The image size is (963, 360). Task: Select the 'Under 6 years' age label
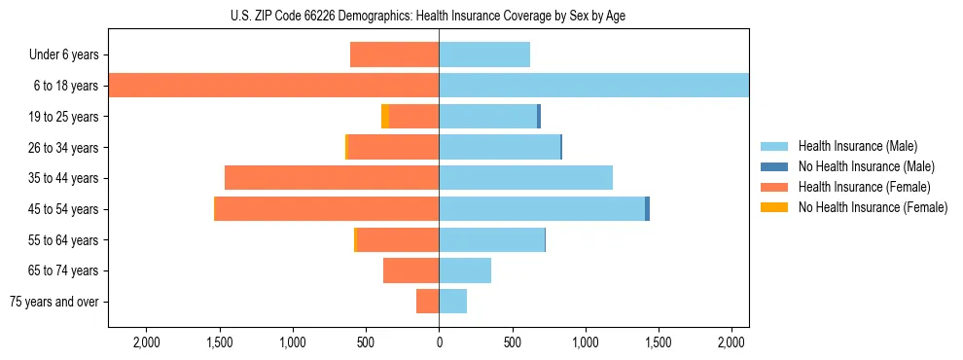click(x=64, y=55)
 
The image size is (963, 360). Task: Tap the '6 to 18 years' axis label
click(x=66, y=86)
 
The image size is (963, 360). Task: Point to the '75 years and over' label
click(x=54, y=302)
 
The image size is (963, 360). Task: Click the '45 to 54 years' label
click(x=64, y=209)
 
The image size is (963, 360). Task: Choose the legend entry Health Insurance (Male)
click(x=857, y=146)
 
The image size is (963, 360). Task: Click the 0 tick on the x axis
click(x=439, y=342)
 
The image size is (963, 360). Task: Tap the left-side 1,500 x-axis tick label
click(x=219, y=342)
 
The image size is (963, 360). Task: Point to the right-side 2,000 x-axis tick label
click(x=731, y=342)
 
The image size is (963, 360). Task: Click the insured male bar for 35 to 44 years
click(x=525, y=178)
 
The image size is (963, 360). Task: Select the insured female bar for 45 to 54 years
click(x=327, y=209)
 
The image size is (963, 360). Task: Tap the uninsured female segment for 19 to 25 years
click(x=385, y=117)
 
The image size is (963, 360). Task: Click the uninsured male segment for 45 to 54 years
click(x=647, y=209)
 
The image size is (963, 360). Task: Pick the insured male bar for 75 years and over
click(x=452, y=302)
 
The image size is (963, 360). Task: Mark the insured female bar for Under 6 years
click(x=394, y=55)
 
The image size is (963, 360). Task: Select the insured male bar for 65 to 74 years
click(x=465, y=270)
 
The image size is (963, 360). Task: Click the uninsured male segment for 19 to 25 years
click(x=539, y=117)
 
